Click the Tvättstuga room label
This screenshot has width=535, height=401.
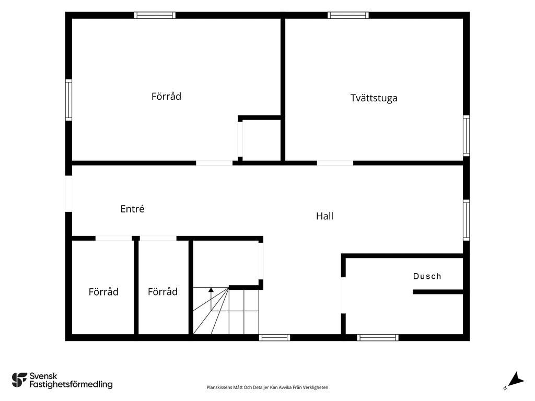point(374,98)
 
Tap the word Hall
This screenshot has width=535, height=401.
point(324,216)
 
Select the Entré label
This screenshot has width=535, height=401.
point(132,208)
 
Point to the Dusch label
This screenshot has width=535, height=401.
point(427,276)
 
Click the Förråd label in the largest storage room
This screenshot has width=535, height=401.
point(166,96)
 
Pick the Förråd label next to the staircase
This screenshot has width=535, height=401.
point(162,291)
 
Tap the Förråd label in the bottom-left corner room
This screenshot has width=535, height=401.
point(103,292)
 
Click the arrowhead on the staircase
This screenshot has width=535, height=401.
point(211,290)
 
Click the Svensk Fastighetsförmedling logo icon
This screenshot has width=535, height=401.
point(19,380)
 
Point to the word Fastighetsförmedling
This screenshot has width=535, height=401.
point(71,384)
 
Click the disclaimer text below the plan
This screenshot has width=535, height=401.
point(267,387)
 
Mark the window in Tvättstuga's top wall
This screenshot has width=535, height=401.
point(348,15)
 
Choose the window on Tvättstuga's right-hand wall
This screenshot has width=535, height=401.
point(466,136)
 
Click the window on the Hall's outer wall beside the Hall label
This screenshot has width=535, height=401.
point(466,220)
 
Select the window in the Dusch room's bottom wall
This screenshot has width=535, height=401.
point(378,338)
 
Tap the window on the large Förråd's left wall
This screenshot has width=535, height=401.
point(68,100)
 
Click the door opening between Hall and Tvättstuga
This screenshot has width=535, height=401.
point(335,163)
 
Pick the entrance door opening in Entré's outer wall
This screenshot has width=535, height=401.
point(68,194)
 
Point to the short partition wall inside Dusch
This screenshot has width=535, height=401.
point(438,292)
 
